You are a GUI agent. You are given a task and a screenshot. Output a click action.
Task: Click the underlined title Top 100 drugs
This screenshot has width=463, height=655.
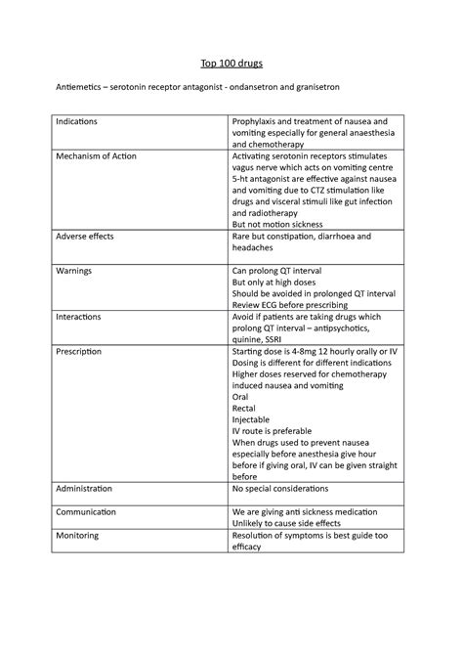(x=231, y=63)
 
